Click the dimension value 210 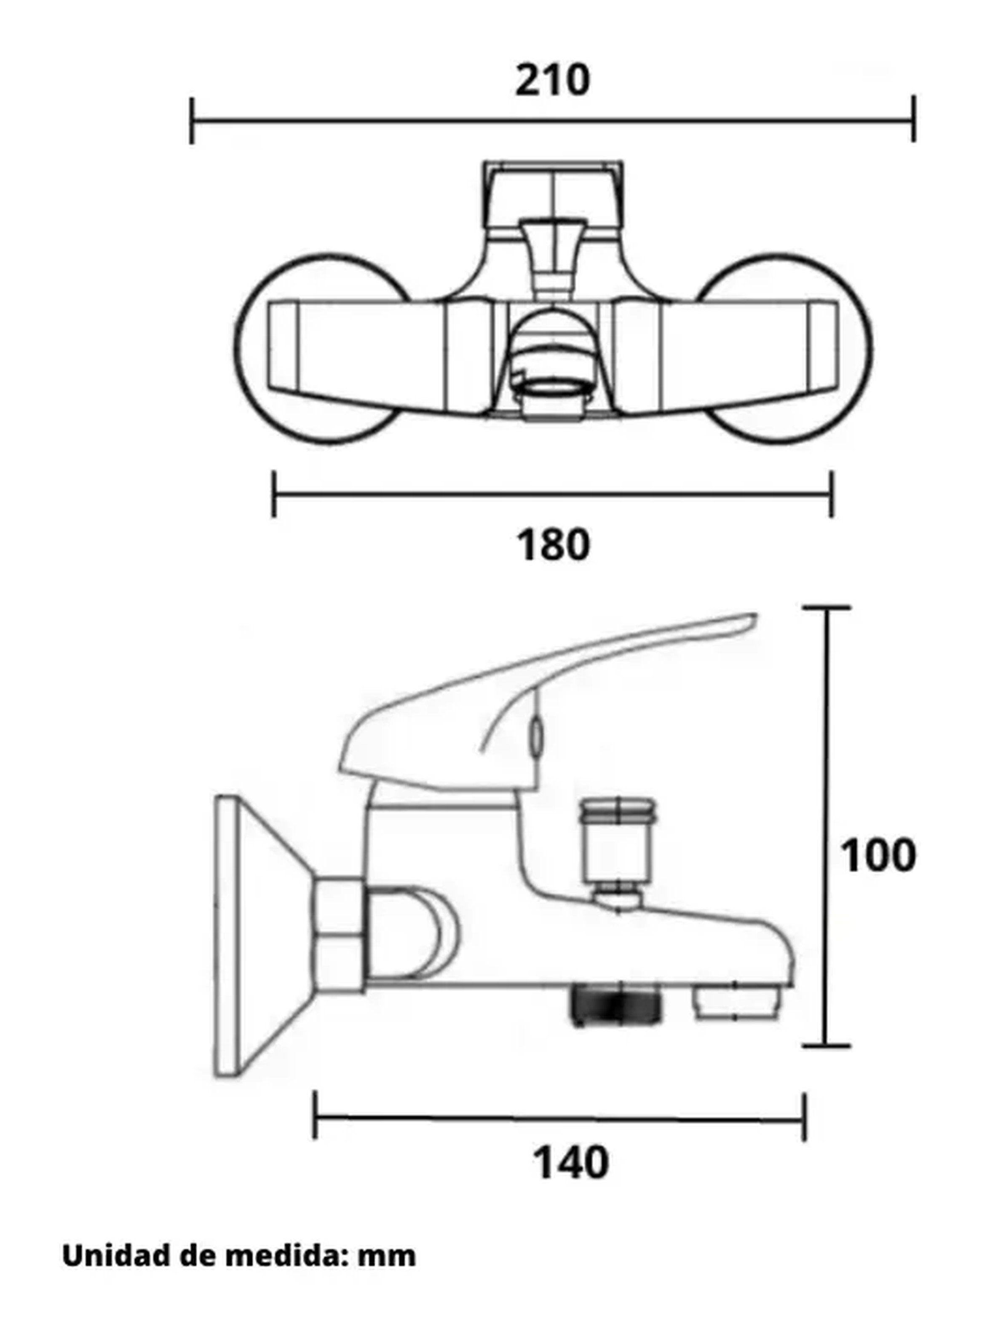(x=552, y=80)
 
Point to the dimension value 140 (x=571, y=1163)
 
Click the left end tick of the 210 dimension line (x=191, y=121)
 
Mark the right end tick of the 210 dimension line (x=914, y=119)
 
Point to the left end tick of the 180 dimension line (x=273, y=494)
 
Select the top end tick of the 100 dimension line (x=826, y=608)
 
